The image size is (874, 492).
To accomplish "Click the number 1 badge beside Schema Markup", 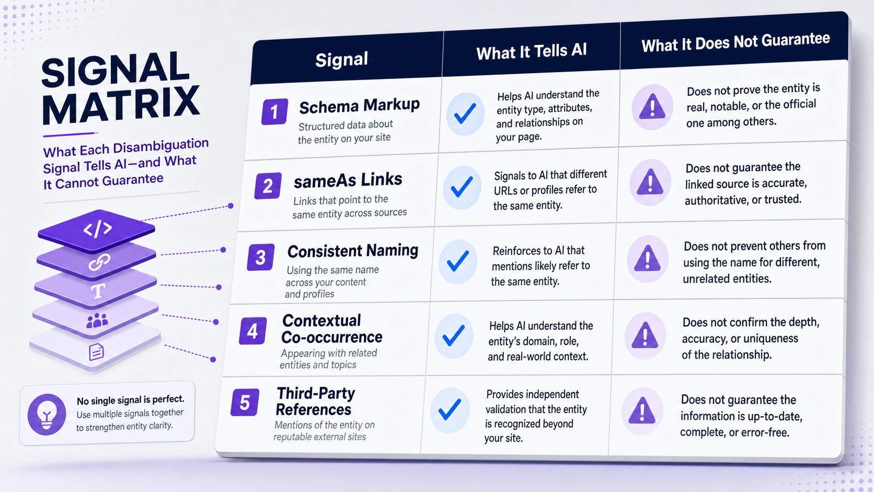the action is pyautogui.click(x=274, y=111).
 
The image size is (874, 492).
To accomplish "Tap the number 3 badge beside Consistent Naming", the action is pyautogui.click(x=261, y=257).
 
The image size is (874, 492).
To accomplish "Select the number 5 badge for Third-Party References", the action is pyautogui.click(x=245, y=402).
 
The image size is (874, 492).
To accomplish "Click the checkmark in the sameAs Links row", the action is pyautogui.click(x=462, y=187).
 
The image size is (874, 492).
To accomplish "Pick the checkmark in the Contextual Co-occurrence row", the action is pyautogui.click(x=454, y=336).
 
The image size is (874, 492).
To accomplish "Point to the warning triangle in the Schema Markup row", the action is pyautogui.click(x=652, y=107).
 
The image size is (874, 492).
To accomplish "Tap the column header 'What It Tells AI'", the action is pyautogui.click(x=532, y=51).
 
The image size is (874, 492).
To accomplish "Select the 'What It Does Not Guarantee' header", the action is pyautogui.click(x=735, y=42).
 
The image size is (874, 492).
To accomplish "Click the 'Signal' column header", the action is pyautogui.click(x=341, y=60).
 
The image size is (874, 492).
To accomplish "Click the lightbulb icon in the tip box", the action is pyautogui.click(x=47, y=414).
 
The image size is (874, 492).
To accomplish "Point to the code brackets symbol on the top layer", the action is pyautogui.click(x=98, y=228).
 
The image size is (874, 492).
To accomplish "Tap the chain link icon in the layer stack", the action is pyautogui.click(x=99, y=262).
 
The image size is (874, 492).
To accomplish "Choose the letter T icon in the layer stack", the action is pyautogui.click(x=98, y=291).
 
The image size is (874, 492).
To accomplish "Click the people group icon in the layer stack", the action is pyautogui.click(x=97, y=321).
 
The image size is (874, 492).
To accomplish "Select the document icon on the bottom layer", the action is pyautogui.click(x=96, y=352).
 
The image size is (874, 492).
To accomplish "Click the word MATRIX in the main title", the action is pyautogui.click(x=121, y=105).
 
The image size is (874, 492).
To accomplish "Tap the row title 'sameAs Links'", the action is pyautogui.click(x=348, y=180).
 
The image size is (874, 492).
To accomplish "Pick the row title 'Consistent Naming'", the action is pyautogui.click(x=353, y=251).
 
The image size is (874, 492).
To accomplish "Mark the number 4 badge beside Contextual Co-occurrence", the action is pyautogui.click(x=253, y=331).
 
